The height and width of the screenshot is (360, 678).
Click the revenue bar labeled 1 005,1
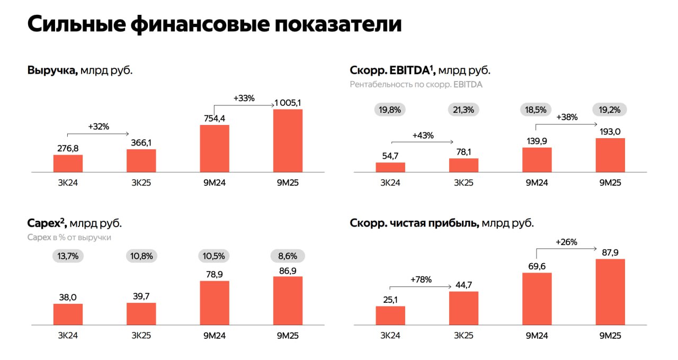tap(288, 140)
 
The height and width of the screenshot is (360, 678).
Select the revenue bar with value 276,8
tap(68, 163)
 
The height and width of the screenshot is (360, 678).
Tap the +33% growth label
tap(244, 98)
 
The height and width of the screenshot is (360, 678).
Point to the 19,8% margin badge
tap(390, 110)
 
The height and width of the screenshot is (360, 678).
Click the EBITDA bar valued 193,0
tap(610, 155)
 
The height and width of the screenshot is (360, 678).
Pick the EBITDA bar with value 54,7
tap(390, 167)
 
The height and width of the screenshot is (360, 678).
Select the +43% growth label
tap(423, 135)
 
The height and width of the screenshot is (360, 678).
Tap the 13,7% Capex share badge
tap(68, 256)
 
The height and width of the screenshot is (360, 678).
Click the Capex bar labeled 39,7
tap(141, 314)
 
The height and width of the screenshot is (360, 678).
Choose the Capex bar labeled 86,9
tap(288, 300)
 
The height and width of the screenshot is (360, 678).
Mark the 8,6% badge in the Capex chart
tap(288, 256)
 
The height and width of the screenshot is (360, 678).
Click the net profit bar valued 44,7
tap(463, 308)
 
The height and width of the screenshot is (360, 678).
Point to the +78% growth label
tap(421, 280)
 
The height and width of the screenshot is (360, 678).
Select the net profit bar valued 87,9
tap(610, 292)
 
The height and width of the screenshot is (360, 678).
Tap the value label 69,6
tap(537, 266)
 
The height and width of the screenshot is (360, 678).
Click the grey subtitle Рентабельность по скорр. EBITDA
tap(416, 84)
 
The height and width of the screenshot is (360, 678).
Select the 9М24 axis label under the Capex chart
tap(214, 336)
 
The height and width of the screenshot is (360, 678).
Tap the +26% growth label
tap(566, 242)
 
